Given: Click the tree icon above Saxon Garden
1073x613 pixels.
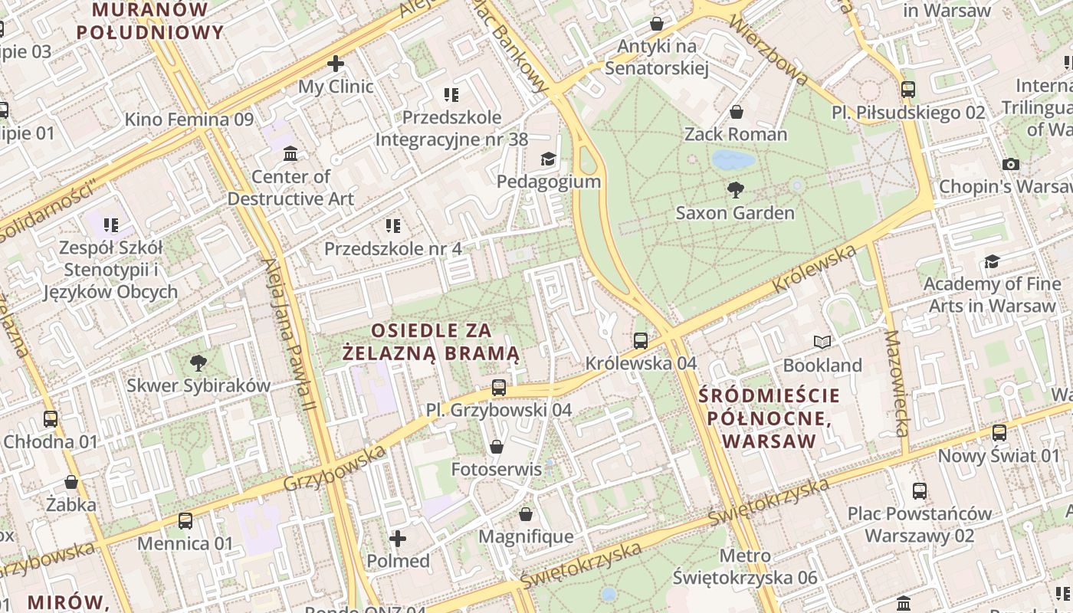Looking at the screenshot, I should coord(735,189).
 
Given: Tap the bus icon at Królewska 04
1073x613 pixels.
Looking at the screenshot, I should coord(641,340).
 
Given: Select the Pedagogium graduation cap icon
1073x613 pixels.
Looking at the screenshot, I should coord(548,159).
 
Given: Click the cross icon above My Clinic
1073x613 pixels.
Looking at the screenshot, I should coord(336,64).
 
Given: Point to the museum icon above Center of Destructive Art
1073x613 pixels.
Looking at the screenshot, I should coord(290,154).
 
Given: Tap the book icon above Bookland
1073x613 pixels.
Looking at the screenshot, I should coord(822,342).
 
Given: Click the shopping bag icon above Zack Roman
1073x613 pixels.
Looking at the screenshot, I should coord(736,112).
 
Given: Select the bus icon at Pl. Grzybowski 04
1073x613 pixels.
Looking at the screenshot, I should coord(499,387).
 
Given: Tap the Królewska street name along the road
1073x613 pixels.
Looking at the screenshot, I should coord(814,268).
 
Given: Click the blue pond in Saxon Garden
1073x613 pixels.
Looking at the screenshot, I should coord(733,160).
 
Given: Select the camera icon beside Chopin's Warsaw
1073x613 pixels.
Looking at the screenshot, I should coord(1011,164).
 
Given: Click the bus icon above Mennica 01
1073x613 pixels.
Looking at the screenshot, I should coord(185,521).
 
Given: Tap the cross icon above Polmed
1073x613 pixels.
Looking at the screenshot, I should coord(397,539).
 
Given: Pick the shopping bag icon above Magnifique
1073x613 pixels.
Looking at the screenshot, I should coord(526,513).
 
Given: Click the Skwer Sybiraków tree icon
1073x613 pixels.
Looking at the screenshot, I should coord(199,362).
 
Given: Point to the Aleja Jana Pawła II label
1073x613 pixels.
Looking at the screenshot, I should coord(288,345).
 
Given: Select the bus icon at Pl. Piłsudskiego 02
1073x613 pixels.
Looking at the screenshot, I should coord(908,90).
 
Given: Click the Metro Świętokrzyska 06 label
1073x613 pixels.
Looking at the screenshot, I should coord(746,566).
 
